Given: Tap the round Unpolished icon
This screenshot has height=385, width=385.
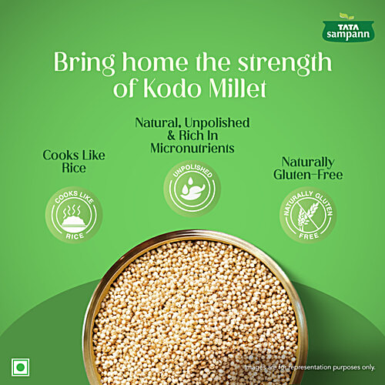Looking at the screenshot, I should pyautogui.click(x=192, y=186).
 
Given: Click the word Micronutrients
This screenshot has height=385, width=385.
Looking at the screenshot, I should pyautogui.click(x=192, y=147).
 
